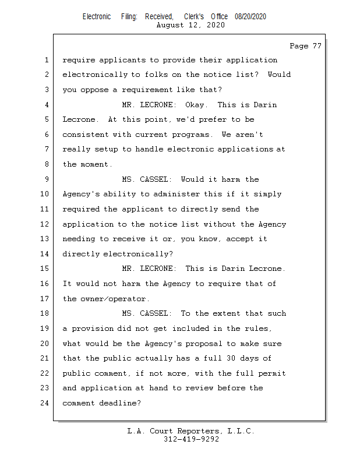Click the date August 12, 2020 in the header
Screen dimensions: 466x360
pos(190,26)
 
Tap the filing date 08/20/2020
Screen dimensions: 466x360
pos(250,16)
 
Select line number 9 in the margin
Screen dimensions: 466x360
pos(47,179)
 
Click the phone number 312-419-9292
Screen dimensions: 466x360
pos(191,439)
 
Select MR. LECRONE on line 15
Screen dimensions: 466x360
pos(149,269)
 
